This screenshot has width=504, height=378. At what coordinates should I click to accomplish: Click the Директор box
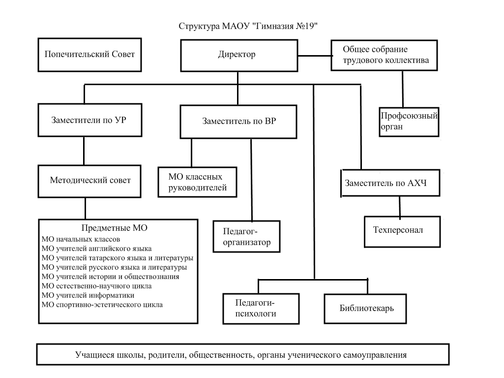coord(237,55)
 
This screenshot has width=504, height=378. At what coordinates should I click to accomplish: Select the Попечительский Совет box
coord(89,55)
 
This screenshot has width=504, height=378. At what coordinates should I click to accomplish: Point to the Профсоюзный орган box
coord(409,121)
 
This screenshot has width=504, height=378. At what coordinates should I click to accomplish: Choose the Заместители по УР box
coord(89,120)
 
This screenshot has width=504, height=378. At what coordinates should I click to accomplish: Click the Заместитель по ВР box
coord(239,121)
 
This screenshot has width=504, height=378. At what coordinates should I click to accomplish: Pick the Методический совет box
coord(90,180)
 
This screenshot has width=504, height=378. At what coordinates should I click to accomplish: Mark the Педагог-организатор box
coord(247,236)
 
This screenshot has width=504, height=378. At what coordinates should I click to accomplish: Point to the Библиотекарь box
coord(366,308)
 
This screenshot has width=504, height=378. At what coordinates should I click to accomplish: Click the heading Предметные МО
coord(114,228)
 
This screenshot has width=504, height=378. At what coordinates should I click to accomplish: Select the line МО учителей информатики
coord(89,295)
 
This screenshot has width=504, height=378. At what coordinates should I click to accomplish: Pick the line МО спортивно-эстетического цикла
coord(102,305)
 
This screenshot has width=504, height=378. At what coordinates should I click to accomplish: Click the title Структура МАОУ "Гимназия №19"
coord(252,26)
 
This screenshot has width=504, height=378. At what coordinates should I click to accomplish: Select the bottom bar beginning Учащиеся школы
coord(243,354)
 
